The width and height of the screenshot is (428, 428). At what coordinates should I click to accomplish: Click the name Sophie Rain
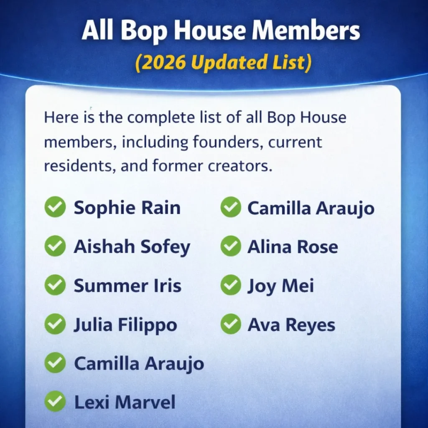pyautogui.click(x=127, y=208)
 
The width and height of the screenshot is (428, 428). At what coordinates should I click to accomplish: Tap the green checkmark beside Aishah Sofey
pyautogui.click(x=55, y=246)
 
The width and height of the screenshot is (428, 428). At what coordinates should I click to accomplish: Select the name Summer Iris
pyautogui.click(x=127, y=286)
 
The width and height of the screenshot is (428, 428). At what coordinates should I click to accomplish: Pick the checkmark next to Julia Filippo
pyautogui.click(x=55, y=324)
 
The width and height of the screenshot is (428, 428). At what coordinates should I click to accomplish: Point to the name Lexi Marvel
pyautogui.click(x=125, y=402)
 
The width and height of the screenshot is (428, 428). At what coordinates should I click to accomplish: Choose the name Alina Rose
pyautogui.click(x=293, y=247)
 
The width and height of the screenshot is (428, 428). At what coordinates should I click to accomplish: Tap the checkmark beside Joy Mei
pyautogui.click(x=231, y=285)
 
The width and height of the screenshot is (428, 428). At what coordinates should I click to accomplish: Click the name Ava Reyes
pyautogui.click(x=291, y=325)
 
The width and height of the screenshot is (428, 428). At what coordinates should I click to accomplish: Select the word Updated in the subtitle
pyautogui.click(x=230, y=63)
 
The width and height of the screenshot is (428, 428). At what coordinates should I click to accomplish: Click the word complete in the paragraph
pyautogui.click(x=161, y=117)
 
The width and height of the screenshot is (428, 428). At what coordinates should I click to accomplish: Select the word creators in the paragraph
pyautogui.click(x=240, y=166)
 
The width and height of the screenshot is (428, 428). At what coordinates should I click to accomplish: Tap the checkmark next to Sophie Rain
pyautogui.click(x=55, y=207)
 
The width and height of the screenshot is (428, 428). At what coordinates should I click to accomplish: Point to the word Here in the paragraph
pyautogui.click(x=61, y=117)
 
